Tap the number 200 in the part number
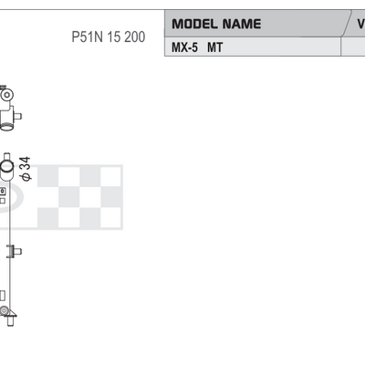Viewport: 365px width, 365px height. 135,37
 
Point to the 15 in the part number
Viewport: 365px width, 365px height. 114,37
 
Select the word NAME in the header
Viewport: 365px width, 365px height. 242,24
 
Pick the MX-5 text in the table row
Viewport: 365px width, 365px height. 184,47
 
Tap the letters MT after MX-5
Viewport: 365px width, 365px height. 215,47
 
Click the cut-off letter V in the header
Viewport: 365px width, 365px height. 361,24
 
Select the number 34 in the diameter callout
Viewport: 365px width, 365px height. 26,163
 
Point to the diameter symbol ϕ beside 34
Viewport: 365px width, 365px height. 26,177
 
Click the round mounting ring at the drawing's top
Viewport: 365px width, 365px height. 6,95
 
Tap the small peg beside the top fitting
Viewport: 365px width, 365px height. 17,116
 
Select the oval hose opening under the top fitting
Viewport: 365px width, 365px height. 5,126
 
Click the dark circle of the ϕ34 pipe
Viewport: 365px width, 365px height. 6,166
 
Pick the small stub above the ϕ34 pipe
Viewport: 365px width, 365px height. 7,156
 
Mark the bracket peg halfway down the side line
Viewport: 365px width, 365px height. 16,251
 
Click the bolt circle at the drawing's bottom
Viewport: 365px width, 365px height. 4,310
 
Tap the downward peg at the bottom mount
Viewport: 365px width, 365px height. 10,321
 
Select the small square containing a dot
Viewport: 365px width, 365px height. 3,192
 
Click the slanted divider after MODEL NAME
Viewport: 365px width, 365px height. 347,24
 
